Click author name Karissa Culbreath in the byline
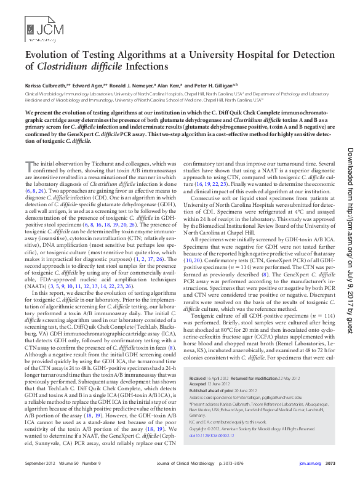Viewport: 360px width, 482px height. coord(44,86)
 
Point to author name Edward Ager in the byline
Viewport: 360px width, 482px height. coord(87,86)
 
